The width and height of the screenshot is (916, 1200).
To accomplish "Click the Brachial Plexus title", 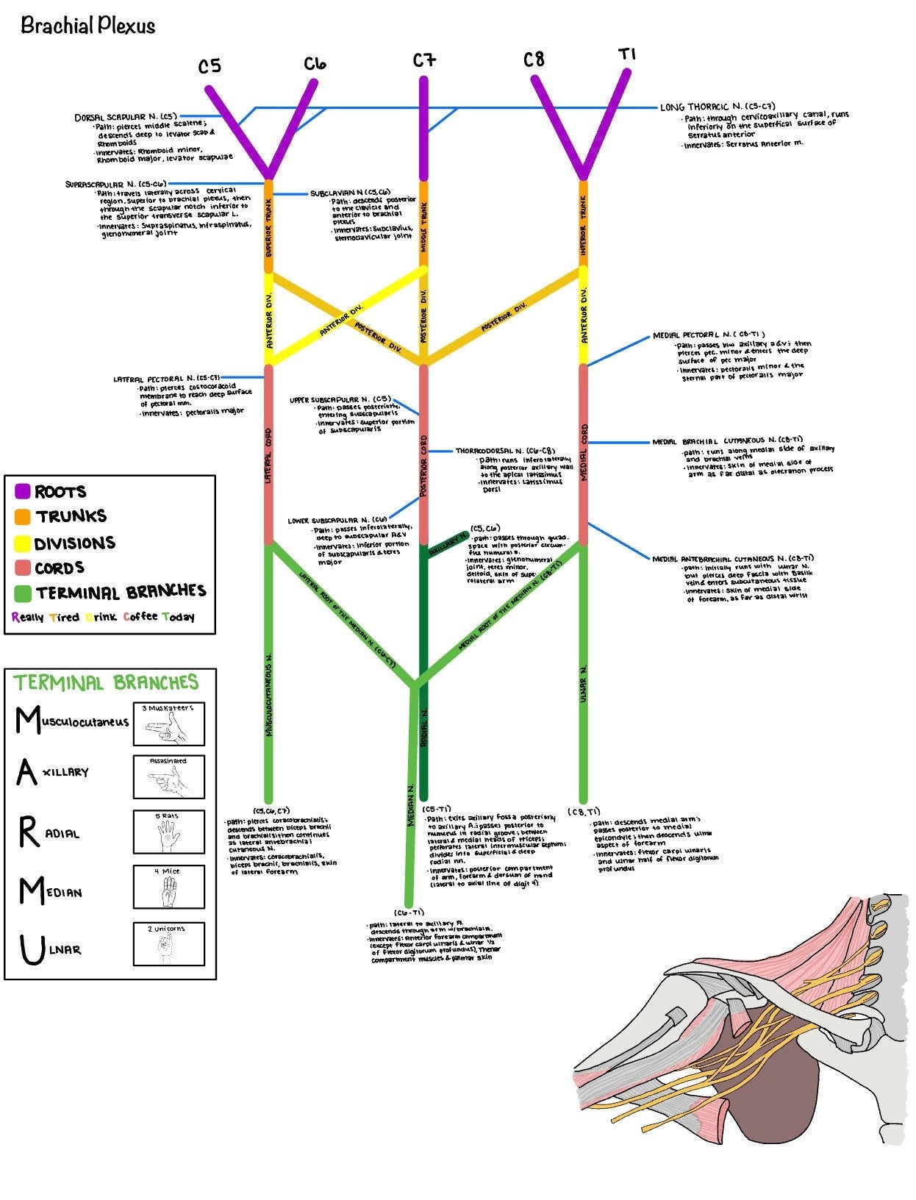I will tap(87, 26).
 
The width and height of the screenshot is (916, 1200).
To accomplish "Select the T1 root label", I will tap(626, 54).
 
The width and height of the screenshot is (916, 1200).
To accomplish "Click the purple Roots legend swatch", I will tap(22, 491).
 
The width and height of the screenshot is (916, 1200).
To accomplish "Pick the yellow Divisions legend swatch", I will tap(22, 543).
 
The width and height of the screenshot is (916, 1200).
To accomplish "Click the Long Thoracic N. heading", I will tap(717, 107).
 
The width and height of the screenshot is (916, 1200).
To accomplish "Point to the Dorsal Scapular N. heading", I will tap(126, 117).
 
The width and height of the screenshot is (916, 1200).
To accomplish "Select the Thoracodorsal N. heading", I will tap(504, 451).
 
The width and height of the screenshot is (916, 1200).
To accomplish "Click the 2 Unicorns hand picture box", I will tap(168, 944).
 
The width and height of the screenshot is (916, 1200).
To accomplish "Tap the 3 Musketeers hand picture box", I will tap(168, 724).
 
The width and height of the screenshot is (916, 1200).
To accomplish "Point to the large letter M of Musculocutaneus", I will tap(28, 721).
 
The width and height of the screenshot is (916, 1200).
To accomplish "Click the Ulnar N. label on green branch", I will tap(583, 684).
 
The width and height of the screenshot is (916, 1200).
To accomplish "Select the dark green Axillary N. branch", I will tap(445, 546).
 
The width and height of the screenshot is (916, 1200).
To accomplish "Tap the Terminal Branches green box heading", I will tap(106, 683).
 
